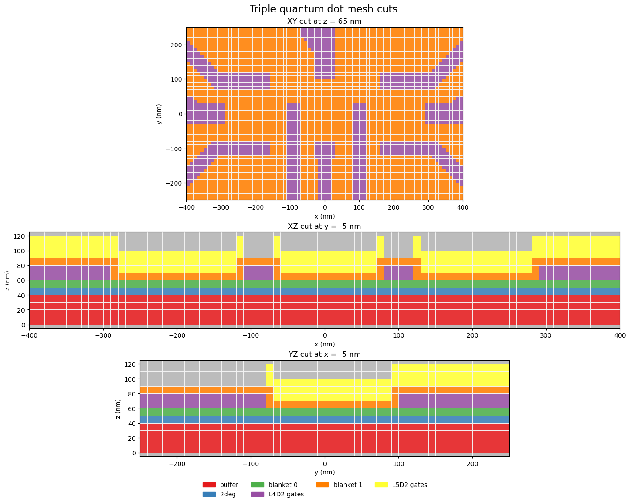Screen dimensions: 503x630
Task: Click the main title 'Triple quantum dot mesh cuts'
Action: pyautogui.click(x=324, y=9)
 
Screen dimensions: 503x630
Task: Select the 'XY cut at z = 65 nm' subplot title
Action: pyautogui.click(x=324, y=21)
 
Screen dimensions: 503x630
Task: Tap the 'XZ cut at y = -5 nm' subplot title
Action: pyautogui.click(x=324, y=226)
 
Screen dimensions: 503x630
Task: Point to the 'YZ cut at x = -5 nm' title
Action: pyautogui.click(x=324, y=354)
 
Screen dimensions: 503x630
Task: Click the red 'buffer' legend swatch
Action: pyautogui.click(x=209, y=485)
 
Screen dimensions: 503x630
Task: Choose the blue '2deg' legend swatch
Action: pyautogui.click(x=209, y=494)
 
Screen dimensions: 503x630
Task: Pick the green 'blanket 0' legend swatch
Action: pyautogui.click(x=258, y=485)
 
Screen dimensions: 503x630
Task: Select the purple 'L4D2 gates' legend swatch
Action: pyautogui.click(x=258, y=494)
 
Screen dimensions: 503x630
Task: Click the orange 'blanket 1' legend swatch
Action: pyautogui.click(x=323, y=485)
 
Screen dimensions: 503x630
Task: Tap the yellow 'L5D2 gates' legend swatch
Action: pyautogui.click(x=381, y=485)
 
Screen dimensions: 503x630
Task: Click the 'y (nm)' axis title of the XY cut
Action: pyautogui.click(x=159, y=114)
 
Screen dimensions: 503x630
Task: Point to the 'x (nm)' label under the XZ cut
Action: pyautogui.click(x=324, y=344)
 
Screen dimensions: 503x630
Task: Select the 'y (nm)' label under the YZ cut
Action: pyautogui.click(x=324, y=472)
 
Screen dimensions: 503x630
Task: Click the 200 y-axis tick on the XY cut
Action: pyautogui.click(x=176, y=45)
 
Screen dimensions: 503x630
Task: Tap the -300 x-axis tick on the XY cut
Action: pyautogui.click(x=221, y=207)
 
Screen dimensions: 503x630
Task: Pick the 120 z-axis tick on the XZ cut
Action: pyautogui.click(x=20, y=236)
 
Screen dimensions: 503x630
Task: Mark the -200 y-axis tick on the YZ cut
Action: pyautogui.click(x=176, y=463)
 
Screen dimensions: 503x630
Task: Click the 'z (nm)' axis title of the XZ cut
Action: pyautogui.click(x=7, y=280)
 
